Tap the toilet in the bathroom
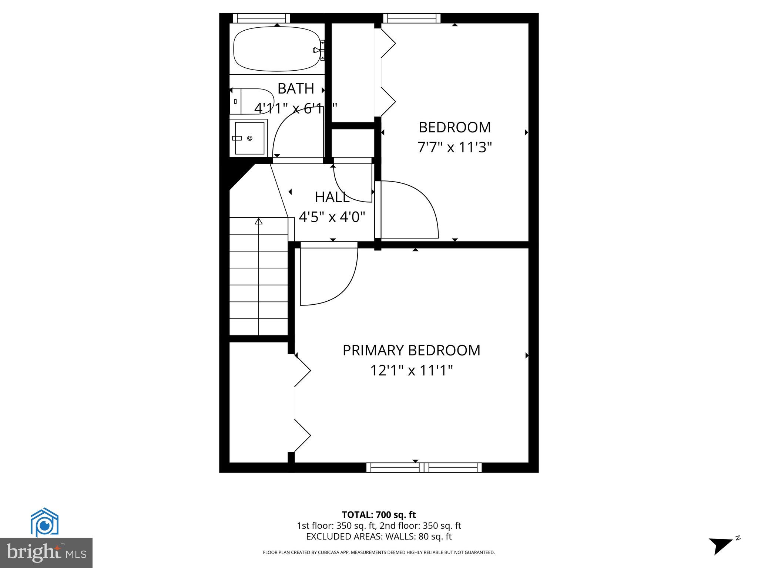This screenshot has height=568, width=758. click(x=252, y=101)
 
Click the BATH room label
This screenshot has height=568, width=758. click(x=296, y=89)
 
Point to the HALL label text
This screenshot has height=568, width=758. click(x=332, y=197)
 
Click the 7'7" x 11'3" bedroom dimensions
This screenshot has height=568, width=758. click(x=455, y=148)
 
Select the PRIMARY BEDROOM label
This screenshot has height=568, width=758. click(x=411, y=350)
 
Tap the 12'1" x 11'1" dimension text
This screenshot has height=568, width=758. click(x=412, y=370)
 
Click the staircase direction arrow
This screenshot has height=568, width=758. click(x=259, y=222)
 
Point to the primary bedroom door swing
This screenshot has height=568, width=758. click(x=328, y=275)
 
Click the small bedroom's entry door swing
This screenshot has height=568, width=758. click(x=407, y=209)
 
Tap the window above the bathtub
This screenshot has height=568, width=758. click(x=261, y=18)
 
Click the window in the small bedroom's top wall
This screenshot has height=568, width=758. click(x=412, y=18)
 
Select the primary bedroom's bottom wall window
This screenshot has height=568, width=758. click(x=424, y=467)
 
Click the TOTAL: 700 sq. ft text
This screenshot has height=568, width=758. click(x=379, y=515)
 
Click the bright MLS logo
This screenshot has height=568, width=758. click(x=46, y=552)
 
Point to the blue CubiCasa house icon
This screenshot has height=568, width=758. click(x=44, y=522)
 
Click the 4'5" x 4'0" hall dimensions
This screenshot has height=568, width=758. click(x=332, y=217)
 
